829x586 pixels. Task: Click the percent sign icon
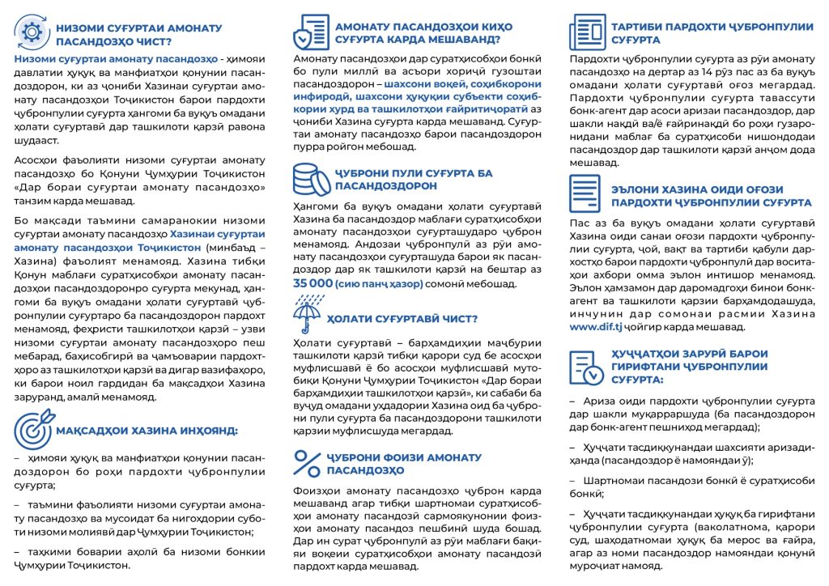[x=308, y=463]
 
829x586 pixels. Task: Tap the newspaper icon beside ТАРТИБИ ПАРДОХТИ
[x=588, y=32]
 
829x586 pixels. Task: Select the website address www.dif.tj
[x=595, y=328]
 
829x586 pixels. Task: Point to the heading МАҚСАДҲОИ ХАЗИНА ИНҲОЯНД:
[x=146, y=430]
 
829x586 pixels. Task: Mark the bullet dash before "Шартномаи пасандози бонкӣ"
[x=573, y=481]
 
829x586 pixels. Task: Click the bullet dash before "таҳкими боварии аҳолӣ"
[x=18, y=551]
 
